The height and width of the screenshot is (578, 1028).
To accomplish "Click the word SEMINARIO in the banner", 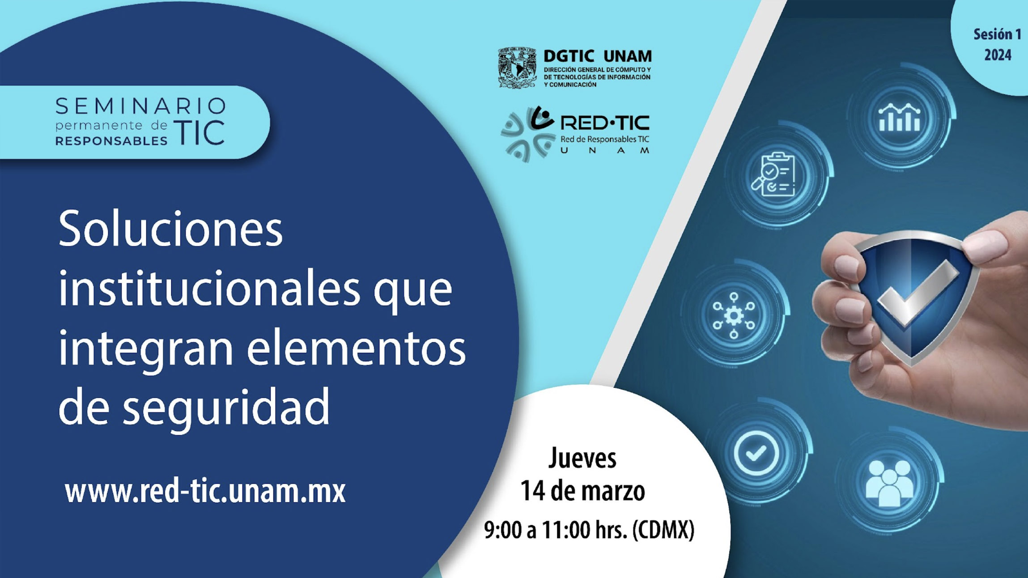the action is click(140, 106).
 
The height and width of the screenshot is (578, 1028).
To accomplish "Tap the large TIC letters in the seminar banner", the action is click(200, 132).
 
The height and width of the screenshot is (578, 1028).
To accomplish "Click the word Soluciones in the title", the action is click(170, 229).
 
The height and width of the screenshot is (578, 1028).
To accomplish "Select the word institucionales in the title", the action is click(209, 289).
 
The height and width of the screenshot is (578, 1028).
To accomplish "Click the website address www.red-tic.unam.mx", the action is click(205, 491).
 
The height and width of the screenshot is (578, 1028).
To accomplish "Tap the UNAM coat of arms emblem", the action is click(517, 68).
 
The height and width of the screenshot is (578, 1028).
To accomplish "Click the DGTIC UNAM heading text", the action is click(598, 56).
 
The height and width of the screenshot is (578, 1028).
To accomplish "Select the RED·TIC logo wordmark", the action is click(604, 123).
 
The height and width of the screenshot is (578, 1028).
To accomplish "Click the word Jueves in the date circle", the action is click(582, 458).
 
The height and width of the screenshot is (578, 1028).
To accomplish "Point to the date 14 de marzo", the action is click(582, 491).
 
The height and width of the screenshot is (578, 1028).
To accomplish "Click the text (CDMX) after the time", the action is click(663, 530).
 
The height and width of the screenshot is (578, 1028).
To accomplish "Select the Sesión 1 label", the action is click(997, 34).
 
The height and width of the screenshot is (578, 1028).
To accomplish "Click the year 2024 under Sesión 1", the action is click(998, 55).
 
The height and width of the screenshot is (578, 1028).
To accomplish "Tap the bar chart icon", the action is click(900, 117).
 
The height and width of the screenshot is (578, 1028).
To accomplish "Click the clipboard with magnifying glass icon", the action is click(773, 174).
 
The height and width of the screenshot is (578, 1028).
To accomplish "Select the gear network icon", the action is click(734, 315).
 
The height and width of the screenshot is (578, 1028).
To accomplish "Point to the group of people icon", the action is click(889, 483).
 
